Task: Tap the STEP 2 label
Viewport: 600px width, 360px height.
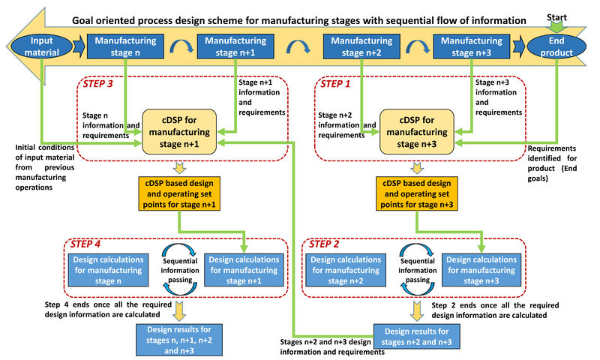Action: click(322, 244)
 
